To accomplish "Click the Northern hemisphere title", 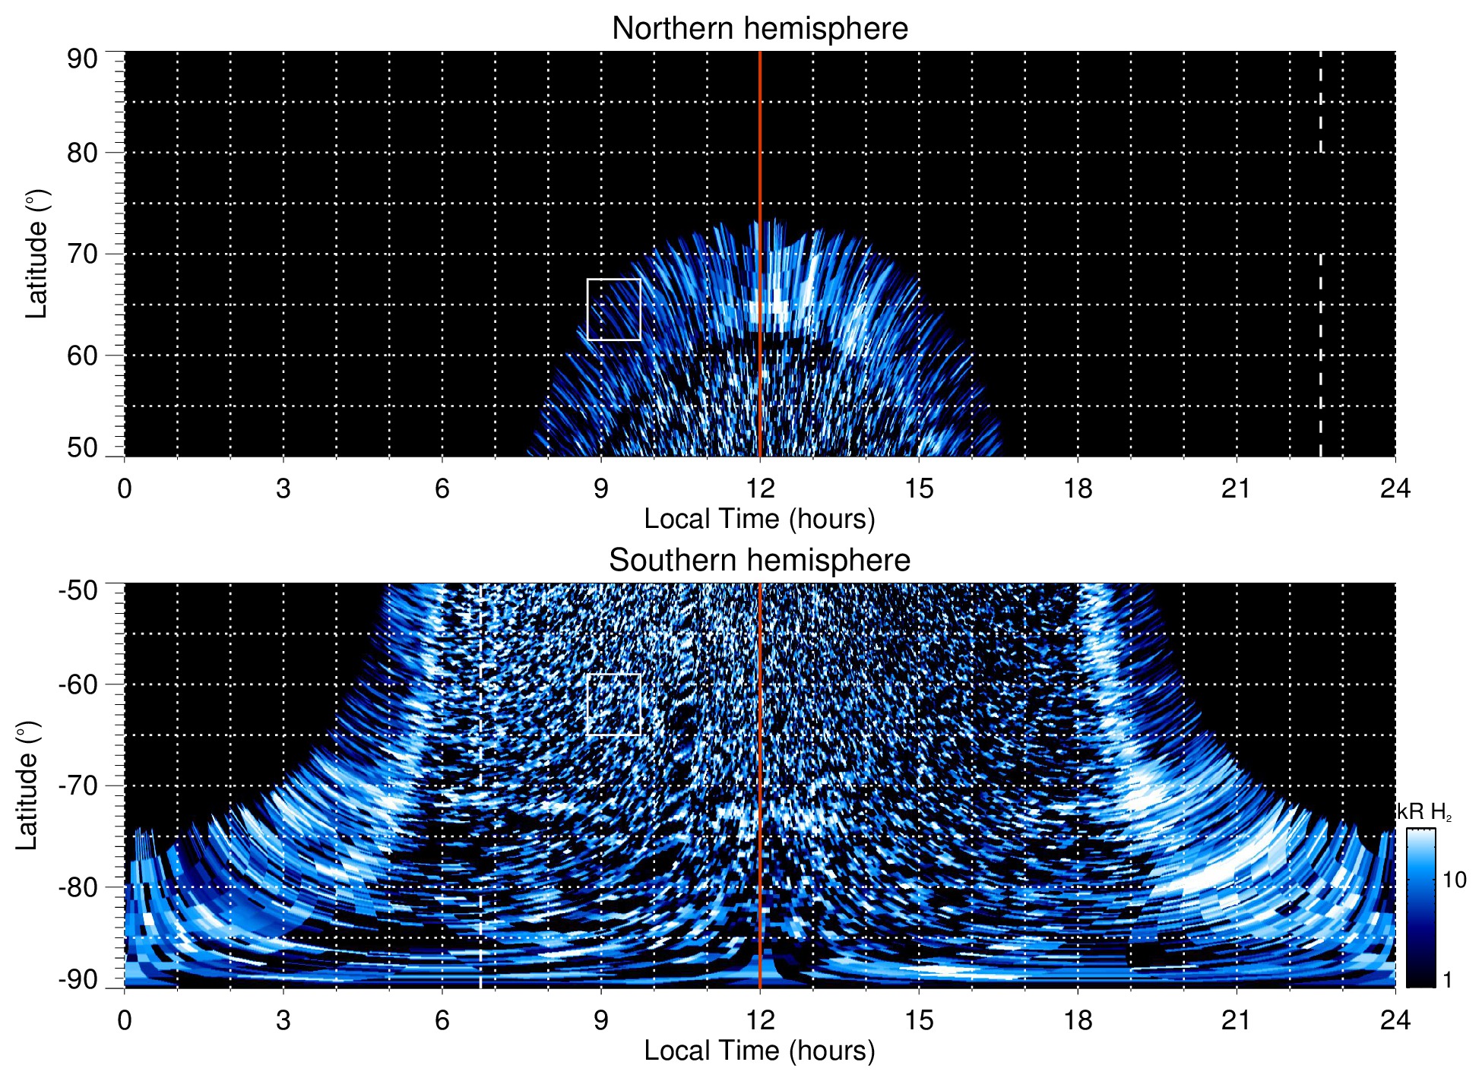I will pos(759,29).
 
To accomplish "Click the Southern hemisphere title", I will pos(759,561).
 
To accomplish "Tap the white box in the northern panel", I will pos(613,309).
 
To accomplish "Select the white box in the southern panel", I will pos(613,704).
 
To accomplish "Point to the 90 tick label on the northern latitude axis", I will pos(82,58).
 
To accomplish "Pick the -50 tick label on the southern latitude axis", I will pos(78,590).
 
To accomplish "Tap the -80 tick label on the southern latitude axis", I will pos(78,887).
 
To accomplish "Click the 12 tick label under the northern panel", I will pos(759,488).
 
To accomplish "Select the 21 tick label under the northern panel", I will pos(1236,488).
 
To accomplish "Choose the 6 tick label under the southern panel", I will pos(442,1020).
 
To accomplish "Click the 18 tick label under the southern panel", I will pos(1077,1020).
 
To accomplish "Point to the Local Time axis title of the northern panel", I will pos(759,520).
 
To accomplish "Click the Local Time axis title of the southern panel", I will pos(759,1051).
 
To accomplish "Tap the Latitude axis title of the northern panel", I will pos(36,254).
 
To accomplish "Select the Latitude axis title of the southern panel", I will pos(27,785).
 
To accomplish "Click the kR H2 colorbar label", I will pos(1426,812).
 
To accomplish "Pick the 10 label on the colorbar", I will pos(1454,880).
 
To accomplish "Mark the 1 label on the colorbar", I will pos(1447,980).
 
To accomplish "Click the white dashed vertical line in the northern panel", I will pos(1320,304).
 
